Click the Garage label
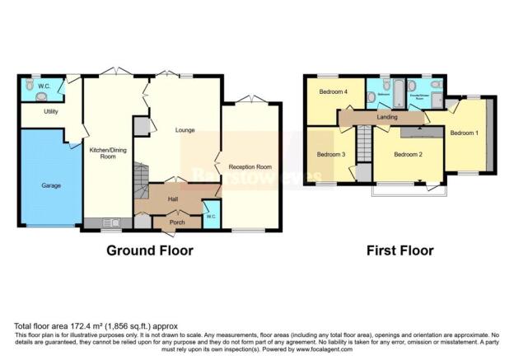click(51, 186)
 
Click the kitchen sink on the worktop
click(111, 222)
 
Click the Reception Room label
click(250, 166)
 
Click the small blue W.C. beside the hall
click(212, 217)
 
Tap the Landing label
click(388, 118)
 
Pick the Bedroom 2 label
click(408, 155)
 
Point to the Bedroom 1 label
click(464, 133)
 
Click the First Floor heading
click(400, 250)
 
